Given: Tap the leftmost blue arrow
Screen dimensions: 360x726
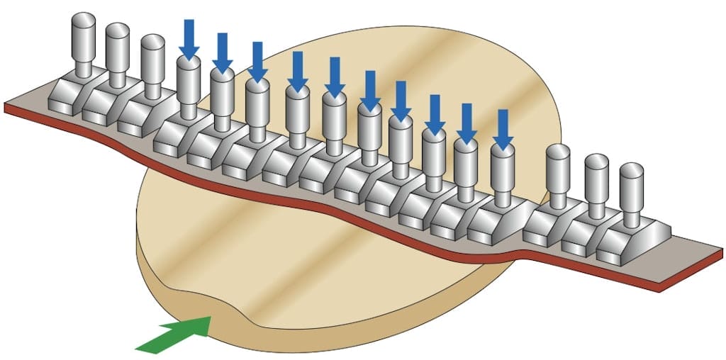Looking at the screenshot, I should [189, 39].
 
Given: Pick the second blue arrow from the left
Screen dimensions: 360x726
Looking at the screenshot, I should [223, 52].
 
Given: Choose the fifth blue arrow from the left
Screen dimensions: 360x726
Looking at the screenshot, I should [333, 77].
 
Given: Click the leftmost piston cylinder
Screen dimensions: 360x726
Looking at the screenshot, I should [84, 42].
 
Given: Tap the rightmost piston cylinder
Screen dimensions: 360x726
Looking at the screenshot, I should [631, 186].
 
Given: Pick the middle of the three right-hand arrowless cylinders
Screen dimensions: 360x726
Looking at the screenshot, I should [596, 177].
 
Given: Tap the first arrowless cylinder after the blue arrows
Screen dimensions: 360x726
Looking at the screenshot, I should [559, 169].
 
